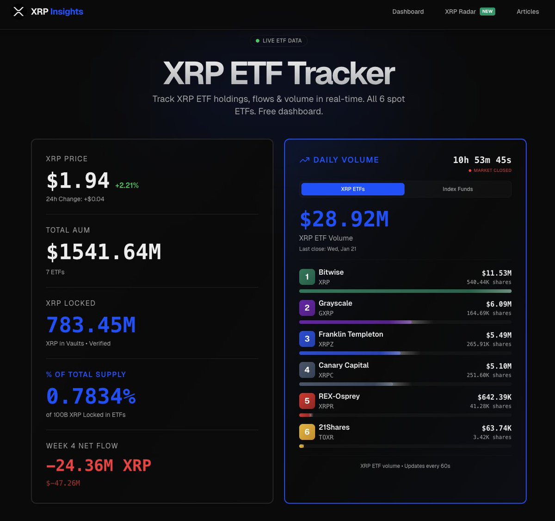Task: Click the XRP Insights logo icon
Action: [x=18, y=12]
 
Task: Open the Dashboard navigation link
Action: [x=408, y=12]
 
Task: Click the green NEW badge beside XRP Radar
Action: [x=487, y=12]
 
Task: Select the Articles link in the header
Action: [x=528, y=12]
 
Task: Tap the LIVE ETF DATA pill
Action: [x=279, y=41]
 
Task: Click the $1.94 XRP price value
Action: [x=78, y=181]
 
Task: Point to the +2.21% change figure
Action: [x=127, y=185]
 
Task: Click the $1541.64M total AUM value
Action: [x=104, y=252]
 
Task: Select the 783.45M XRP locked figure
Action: [x=91, y=325]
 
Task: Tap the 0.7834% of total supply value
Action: [x=91, y=396]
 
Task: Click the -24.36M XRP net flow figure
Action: [x=99, y=465]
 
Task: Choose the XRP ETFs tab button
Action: [x=353, y=189]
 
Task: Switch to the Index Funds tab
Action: [x=457, y=189]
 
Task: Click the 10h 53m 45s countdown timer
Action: [x=482, y=160]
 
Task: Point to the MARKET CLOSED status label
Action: [x=492, y=170]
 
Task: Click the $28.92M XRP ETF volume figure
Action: [x=344, y=219]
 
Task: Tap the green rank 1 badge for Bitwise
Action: [x=307, y=277]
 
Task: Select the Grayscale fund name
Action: [x=335, y=303]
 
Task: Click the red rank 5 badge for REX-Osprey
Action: [x=307, y=401]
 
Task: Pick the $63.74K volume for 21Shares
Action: [x=496, y=428]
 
